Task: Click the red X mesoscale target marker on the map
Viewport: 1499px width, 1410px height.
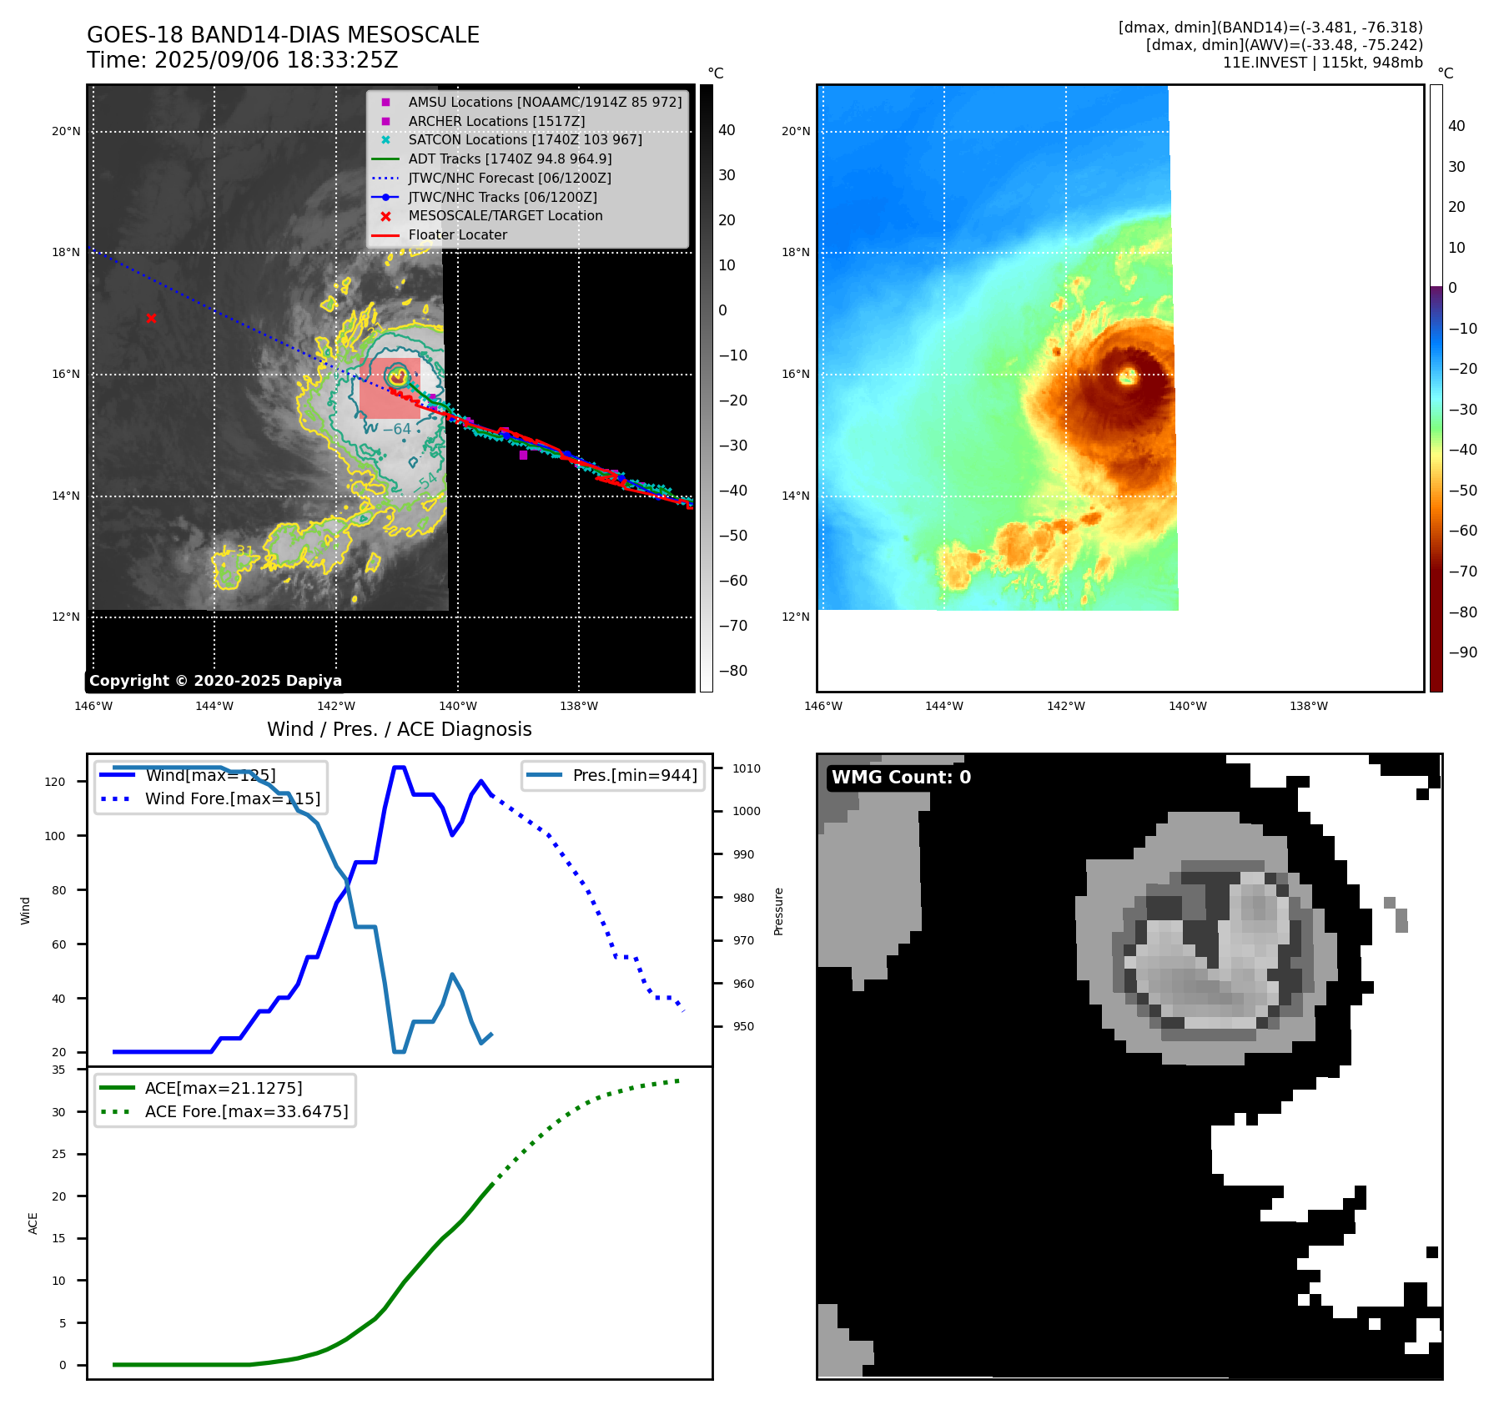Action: [x=151, y=318]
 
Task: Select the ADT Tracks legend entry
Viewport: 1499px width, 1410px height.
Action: [x=510, y=159]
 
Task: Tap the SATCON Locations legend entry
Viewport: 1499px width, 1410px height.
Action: [x=525, y=139]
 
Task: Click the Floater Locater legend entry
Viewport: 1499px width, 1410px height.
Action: [x=457, y=234]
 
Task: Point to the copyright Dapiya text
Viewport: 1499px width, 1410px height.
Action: [x=215, y=681]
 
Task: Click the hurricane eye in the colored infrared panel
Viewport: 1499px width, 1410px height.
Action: [x=1128, y=375]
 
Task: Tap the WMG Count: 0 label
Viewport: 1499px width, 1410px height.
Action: [x=901, y=778]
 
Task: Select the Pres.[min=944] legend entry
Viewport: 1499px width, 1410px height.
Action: [x=634, y=775]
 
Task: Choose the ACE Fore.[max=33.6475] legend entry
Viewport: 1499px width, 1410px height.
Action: [x=246, y=1111]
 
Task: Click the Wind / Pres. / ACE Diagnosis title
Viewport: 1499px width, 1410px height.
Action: [x=399, y=729]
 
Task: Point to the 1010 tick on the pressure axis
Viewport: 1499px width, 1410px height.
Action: [x=747, y=768]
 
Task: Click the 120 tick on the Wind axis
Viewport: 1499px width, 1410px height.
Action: [x=54, y=782]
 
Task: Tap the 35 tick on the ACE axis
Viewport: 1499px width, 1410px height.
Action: [x=58, y=1070]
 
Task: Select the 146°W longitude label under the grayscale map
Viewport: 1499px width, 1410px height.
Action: [x=93, y=706]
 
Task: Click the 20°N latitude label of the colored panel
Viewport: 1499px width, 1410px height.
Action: [x=795, y=131]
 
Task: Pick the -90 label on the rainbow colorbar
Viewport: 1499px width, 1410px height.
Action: [x=1462, y=652]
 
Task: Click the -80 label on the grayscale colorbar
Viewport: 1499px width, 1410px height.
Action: [x=733, y=671]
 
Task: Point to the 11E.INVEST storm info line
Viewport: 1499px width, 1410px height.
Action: [x=1322, y=63]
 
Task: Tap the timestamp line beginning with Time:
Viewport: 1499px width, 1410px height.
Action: [x=242, y=61]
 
